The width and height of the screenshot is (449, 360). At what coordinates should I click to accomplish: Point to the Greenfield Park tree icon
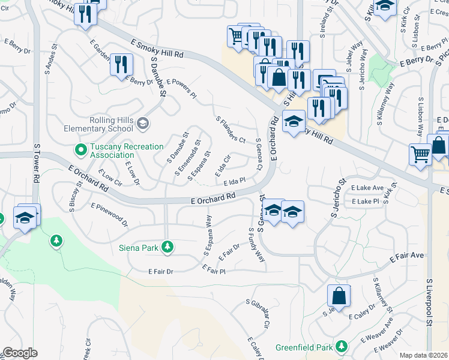[342, 347]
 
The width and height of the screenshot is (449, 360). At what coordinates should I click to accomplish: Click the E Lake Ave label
[367, 188]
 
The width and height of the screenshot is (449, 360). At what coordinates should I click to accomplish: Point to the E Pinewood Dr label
[110, 214]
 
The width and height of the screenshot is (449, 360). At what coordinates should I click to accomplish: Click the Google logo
[19, 353]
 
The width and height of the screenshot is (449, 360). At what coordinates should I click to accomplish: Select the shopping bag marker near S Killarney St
[339, 296]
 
